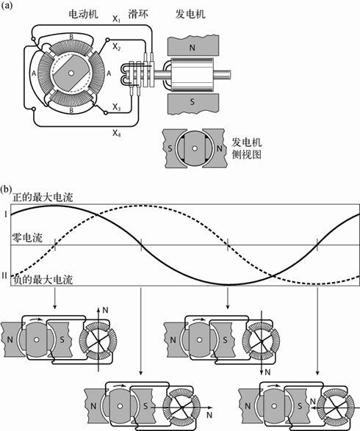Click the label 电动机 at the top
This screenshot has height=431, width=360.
pyautogui.click(x=83, y=14)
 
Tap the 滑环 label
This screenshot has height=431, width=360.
pyautogui.click(x=138, y=14)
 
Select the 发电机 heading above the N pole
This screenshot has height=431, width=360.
pyautogui.click(x=190, y=14)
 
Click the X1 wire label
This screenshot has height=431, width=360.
pyautogui.click(x=116, y=19)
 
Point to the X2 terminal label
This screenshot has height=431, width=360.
pyautogui.click(x=117, y=47)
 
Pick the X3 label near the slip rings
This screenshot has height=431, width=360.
pyautogui.click(x=117, y=107)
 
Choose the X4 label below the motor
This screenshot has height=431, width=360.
pyautogui.click(x=117, y=134)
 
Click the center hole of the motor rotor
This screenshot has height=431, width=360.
pyautogui.click(x=71, y=73)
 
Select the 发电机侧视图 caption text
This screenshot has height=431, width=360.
pyautogui.click(x=246, y=148)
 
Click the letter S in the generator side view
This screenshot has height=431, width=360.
pyautogui.click(x=170, y=149)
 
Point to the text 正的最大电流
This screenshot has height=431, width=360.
pyautogui.click(x=43, y=198)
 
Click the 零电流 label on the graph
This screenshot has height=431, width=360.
pyautogui.click(x=27, y=237)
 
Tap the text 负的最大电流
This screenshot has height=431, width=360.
pyautogui.click(x=43, y=280)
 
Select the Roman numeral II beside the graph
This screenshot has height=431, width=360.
pyautogui.click(x=4, y=275)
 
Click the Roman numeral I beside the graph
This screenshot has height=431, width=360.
pyautogui.click(x=5, y=214)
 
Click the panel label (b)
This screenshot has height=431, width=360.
pyautogui.click(x=6, y=189)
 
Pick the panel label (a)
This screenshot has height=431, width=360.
pyautogui.click(x=6, y=5)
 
